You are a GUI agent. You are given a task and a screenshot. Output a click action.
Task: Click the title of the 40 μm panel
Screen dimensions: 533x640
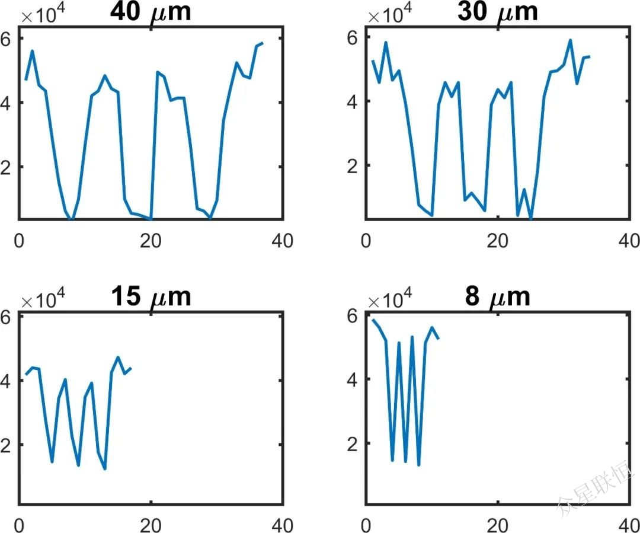click(151, 12)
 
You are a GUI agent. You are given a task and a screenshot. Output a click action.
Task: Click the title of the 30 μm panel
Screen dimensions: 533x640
click(497, 12)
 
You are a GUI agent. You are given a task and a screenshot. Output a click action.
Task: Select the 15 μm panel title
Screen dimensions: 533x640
click(151, 296)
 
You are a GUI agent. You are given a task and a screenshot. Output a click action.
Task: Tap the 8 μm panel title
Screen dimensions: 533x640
click(497, 296)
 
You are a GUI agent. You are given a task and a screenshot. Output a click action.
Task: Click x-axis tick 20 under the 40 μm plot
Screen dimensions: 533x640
click(151, 241)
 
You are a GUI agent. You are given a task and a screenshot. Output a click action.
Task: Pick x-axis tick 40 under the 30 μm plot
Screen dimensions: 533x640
click(628, 241)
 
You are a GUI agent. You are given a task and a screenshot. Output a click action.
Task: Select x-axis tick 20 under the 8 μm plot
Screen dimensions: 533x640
click(497, 525)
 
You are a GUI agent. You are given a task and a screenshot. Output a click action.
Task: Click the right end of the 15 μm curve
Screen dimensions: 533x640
click(131, 368)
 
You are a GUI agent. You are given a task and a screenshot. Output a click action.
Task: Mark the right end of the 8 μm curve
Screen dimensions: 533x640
click(439, 339)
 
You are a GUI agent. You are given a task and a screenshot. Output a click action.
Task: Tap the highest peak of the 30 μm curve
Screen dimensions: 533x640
click(570, 40)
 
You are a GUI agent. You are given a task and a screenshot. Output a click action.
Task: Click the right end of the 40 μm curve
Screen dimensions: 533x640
click(263, 43)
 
